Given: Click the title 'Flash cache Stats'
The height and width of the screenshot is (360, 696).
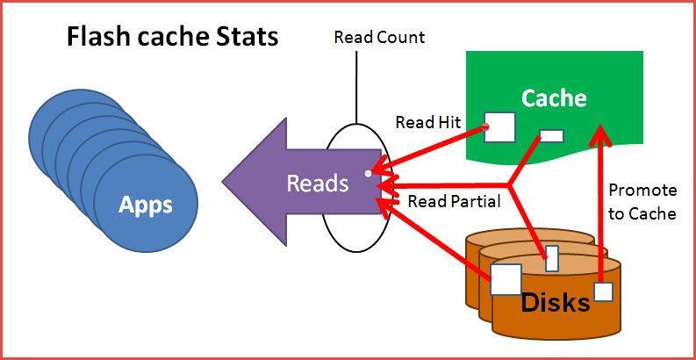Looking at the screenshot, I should pyautogui.click(x=173, y=37).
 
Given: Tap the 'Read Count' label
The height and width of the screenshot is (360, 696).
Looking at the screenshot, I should pyautogui.click(x=379, y=37).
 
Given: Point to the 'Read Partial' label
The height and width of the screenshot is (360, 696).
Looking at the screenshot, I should pyautogui.click(x=454, y=201).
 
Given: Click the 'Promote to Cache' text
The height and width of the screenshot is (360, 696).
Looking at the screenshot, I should pyautogui.click(x=642, y=201).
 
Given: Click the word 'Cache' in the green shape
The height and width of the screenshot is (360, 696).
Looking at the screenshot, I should pyautogui.click(x=554, y=97).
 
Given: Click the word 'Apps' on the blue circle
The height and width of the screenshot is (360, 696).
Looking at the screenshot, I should pyautogui.click(x=147, y=205).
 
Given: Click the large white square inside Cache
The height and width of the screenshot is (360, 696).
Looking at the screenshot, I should pyautogui.click(x=499, y=126).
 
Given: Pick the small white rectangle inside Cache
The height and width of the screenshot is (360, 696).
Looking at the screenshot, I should pyautogui.click(x=551, y=135).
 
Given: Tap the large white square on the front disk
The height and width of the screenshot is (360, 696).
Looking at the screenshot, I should pyautogui.click(x=506, y=280).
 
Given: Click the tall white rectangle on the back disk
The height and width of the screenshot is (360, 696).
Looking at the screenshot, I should pyautogui.click(x=551, y=258).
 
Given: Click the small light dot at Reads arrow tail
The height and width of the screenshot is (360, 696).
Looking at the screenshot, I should pyautogui.click(x=369, y=173).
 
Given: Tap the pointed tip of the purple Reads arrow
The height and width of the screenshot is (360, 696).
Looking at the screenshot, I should pyautogui.click(x=225, y=184).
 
